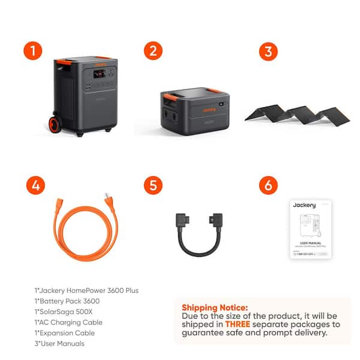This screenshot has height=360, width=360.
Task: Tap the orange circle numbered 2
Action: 154,50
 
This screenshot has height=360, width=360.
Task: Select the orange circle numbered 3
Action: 268,50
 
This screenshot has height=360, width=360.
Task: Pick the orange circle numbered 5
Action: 154,185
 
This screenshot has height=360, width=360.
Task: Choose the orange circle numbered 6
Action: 268,185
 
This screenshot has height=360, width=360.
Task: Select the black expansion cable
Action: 197,230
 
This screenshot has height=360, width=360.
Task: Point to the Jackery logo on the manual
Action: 304,205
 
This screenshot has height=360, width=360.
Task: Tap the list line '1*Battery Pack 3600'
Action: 67,301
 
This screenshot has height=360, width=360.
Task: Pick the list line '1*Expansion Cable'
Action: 65,332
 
